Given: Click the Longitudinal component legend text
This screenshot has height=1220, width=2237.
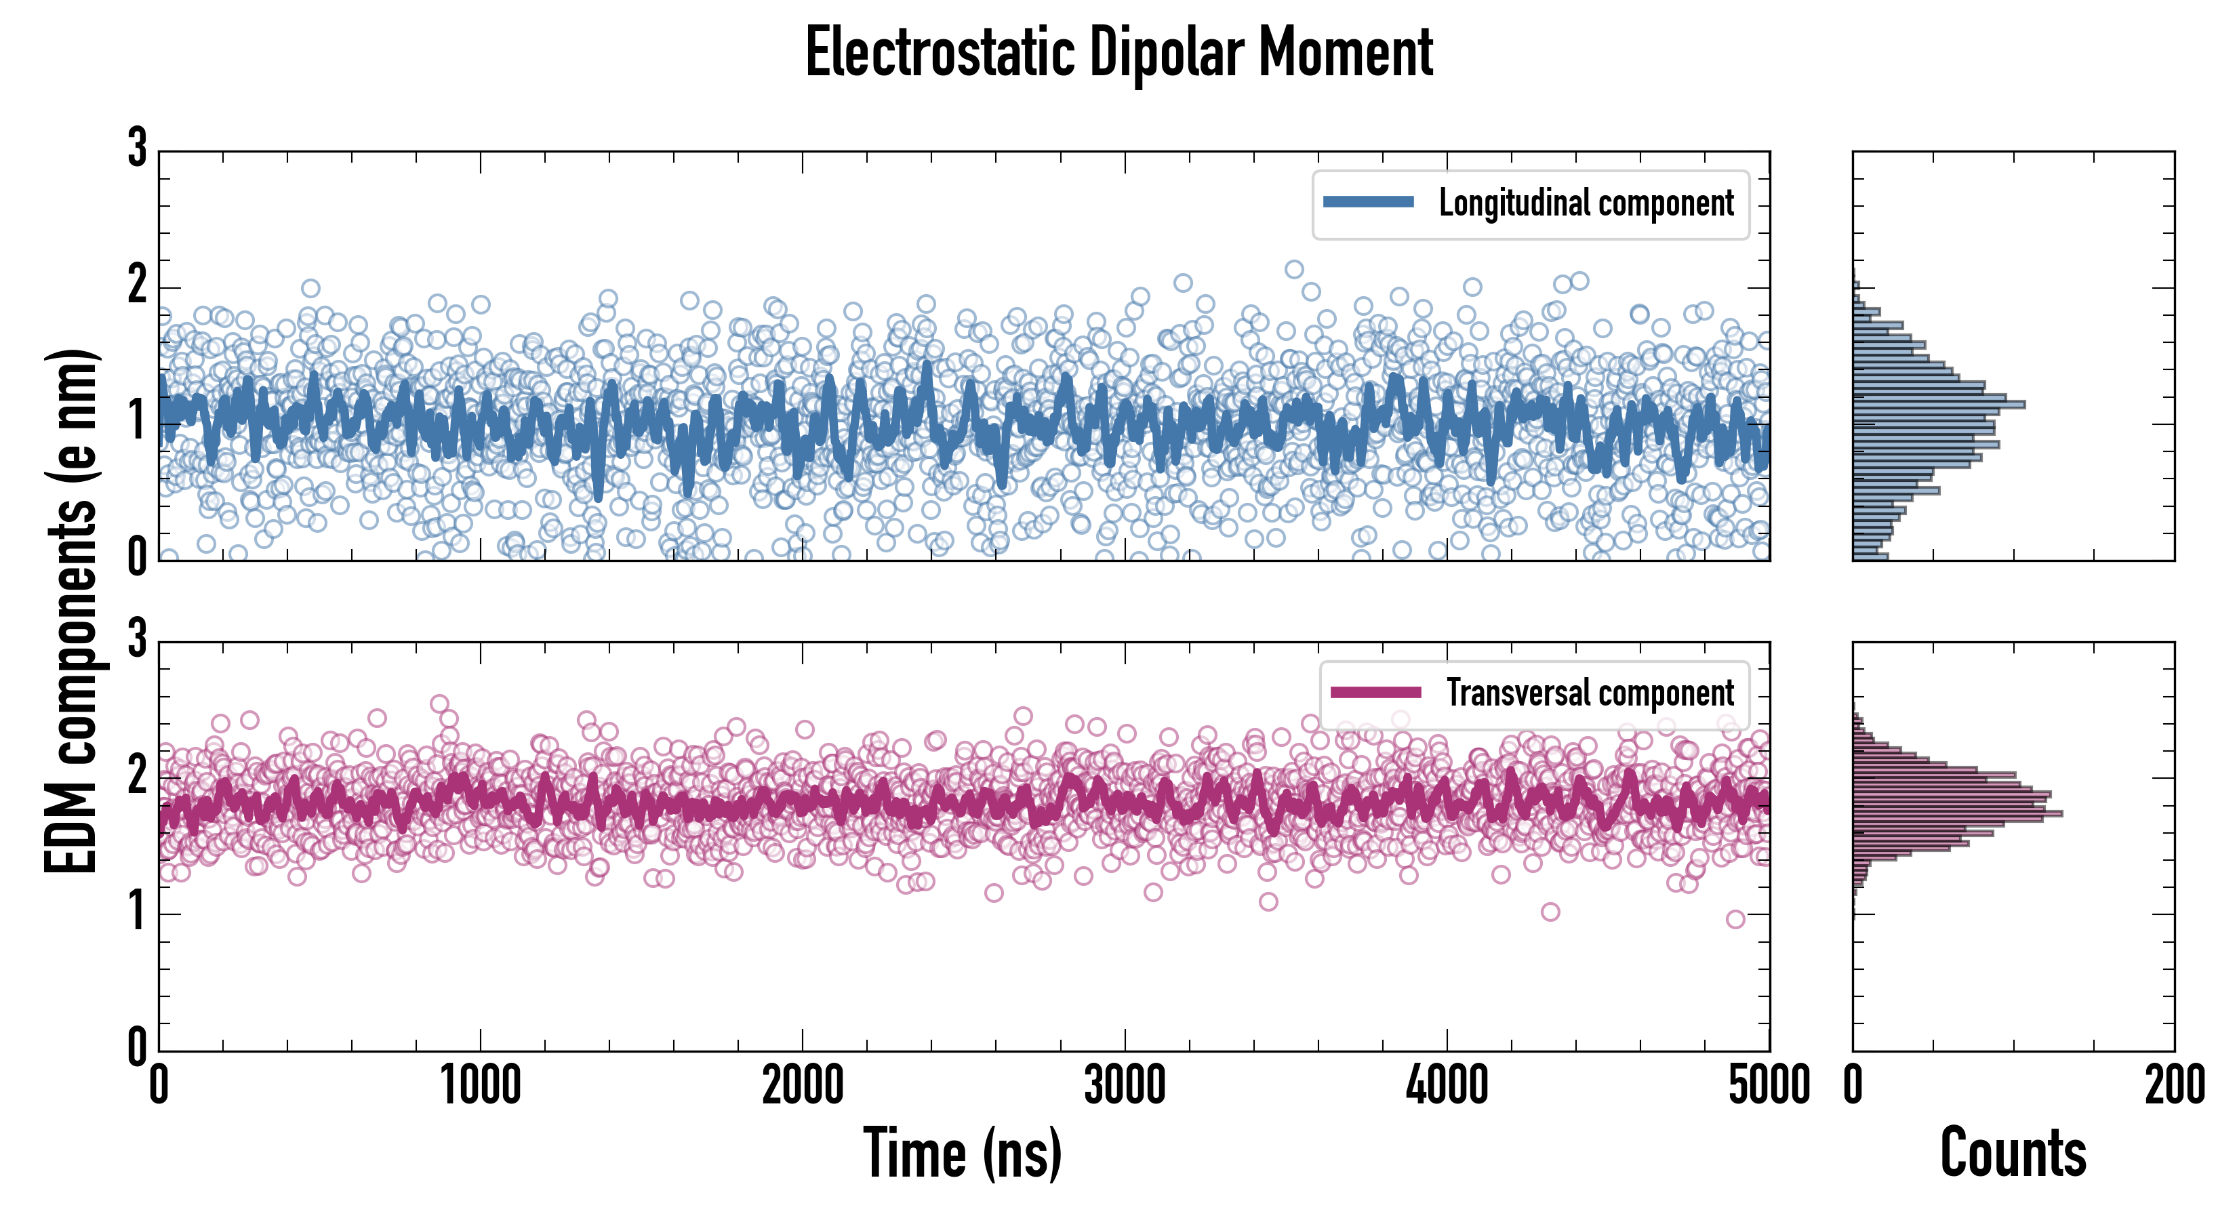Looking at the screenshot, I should pos(1586,203).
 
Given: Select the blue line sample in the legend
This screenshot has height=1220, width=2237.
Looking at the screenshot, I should pos(1368,203).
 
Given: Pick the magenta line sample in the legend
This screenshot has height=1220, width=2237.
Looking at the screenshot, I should pos(1375,692).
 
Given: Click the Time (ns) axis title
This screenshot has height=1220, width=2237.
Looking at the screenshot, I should pos(962,1152).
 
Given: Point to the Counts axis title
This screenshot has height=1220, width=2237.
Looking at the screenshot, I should pos(2013,1152).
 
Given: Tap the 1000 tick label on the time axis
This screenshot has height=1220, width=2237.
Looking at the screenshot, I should pos(480,1085).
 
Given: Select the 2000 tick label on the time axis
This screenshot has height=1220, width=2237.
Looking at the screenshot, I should pos(803,1085).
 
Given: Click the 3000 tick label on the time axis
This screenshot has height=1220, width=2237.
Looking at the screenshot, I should pos(1125,1085).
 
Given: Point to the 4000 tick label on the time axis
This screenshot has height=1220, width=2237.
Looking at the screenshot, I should pos(1447,1085).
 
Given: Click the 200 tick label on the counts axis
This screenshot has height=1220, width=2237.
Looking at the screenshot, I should pos(2173,1085).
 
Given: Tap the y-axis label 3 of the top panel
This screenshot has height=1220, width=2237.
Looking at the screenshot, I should pos(137,148).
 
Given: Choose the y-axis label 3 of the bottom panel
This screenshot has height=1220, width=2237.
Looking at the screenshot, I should pos(137,639).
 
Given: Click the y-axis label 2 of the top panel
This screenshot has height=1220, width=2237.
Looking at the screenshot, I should pos(137,285).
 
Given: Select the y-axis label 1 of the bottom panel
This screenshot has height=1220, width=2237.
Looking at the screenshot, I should pos(137,912).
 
